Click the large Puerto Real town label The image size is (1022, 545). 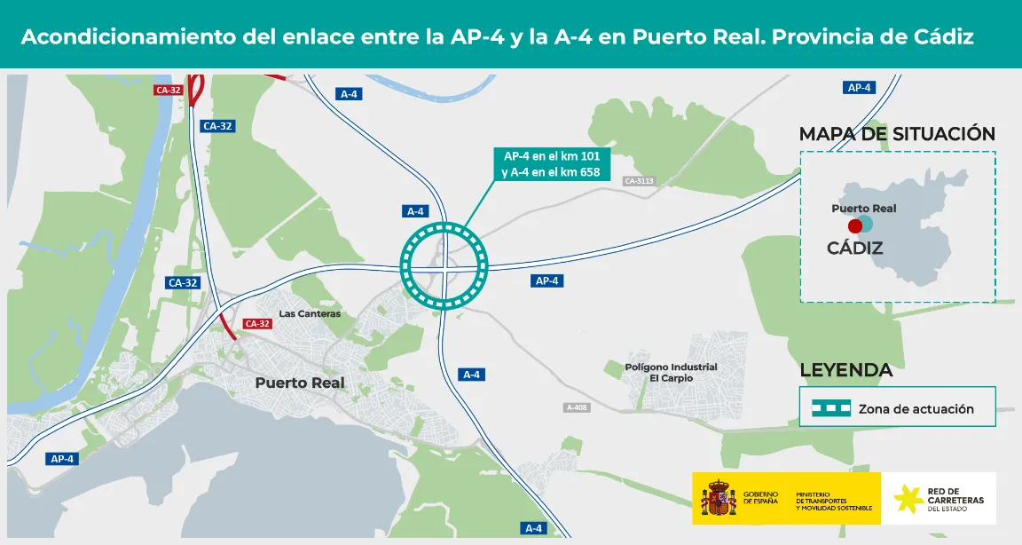300,383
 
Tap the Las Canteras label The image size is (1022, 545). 310,313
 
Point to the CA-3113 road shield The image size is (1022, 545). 639,181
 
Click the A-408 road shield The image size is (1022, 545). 577,407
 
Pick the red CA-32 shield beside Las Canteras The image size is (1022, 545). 256,324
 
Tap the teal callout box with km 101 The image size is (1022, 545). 551,163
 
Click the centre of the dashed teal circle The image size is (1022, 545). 444,265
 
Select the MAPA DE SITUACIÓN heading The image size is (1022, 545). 897,134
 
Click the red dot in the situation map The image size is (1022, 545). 855,226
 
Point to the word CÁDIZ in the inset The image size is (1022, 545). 854,248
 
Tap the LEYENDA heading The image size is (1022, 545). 846,370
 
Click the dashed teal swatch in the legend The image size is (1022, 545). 832,409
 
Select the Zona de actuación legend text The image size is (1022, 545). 916,409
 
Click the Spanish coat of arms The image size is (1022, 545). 719,499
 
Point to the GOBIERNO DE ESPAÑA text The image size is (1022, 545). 761,497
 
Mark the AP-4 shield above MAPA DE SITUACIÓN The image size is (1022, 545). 860,87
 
